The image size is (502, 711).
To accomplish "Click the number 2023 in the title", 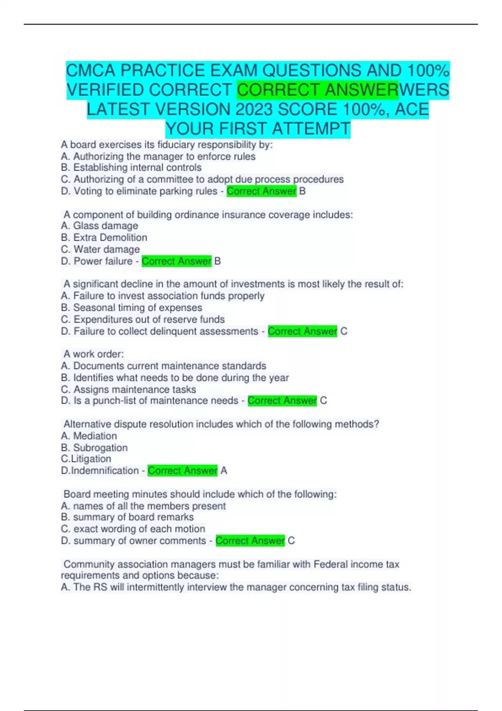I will pos(255,110).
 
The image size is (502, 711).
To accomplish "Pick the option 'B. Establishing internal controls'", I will pos(131,168).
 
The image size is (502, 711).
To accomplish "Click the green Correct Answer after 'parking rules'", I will pos(261,191).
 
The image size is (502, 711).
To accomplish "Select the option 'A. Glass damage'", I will pos(100,226).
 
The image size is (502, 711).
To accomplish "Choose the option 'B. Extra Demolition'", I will pos(104,238).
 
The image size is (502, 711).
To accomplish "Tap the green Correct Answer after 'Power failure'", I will pos(177,261).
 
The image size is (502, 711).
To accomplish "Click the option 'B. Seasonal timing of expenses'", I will pos(131,308).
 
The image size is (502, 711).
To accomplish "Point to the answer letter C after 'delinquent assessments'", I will pos(344,331).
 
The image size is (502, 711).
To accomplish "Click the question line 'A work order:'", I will pos(94,354).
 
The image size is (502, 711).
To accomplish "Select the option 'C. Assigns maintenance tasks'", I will pos(128,389).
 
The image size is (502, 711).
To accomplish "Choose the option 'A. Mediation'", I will pos(89,436).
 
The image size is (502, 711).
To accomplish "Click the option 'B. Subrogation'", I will pos(95,448).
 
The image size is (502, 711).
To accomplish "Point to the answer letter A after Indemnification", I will pos(224,471).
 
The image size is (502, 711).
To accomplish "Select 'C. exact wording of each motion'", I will pos(133,529).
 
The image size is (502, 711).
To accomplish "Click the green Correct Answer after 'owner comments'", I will pos(250,541).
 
